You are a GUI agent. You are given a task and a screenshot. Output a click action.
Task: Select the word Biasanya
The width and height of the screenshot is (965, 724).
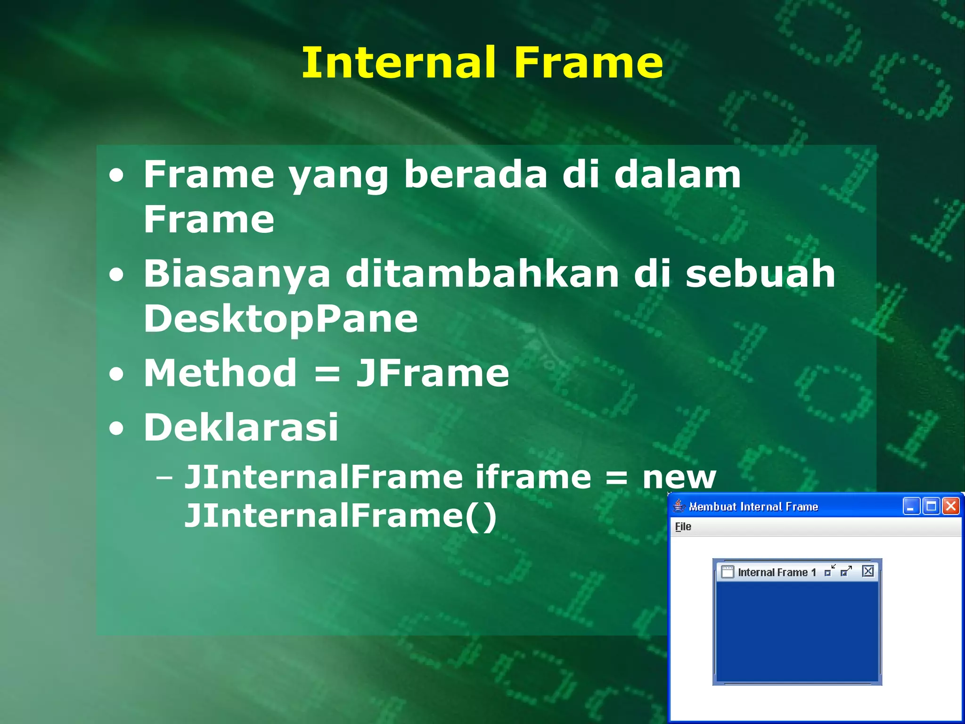pos(237,275)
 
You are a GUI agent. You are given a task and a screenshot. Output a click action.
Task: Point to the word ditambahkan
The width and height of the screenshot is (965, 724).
pos(482,274)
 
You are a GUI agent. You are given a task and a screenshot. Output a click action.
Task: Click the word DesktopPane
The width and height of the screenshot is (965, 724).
pos(281,319)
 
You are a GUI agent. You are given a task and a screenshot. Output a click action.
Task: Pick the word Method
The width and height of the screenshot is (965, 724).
pos(221,373)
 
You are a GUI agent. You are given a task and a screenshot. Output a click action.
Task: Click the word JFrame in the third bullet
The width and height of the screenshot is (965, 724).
pos(433,373)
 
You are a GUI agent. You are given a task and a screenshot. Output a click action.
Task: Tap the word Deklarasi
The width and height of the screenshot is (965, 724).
pos(241,427)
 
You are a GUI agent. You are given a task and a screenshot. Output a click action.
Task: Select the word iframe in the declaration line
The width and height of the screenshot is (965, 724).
pos(533,477)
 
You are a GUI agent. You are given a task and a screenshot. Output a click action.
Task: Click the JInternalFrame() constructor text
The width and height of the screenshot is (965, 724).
pos(340,516)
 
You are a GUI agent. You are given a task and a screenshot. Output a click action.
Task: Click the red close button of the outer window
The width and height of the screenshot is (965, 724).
pos(951,506)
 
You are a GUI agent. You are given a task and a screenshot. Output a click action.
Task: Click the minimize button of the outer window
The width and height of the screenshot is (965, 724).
pos(911,506)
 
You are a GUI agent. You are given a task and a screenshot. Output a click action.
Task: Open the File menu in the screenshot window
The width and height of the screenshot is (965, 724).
pos(683,527)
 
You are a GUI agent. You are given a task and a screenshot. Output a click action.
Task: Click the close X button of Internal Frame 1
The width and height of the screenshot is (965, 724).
pos(867,571)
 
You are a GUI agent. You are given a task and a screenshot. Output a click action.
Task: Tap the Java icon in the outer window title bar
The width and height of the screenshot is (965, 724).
pos(679,506)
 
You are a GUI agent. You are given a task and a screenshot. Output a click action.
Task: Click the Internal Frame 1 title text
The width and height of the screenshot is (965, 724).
pos(776,572)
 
